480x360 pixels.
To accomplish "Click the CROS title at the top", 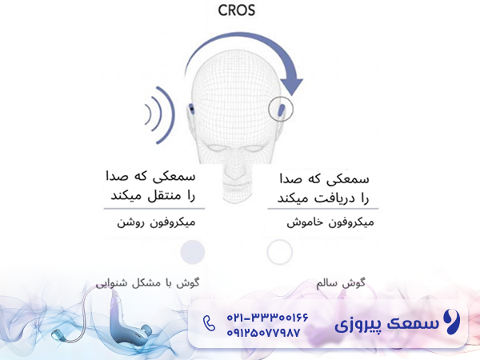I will tap(240, 12).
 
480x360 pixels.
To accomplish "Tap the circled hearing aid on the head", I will tap(281, 109).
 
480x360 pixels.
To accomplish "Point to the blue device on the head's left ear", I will tap(193, 110).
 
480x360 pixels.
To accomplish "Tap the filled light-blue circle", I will tap(192, 252).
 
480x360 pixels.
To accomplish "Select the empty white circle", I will tap(279, 252).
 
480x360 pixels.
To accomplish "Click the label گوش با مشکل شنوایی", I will tap(149, 282).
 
